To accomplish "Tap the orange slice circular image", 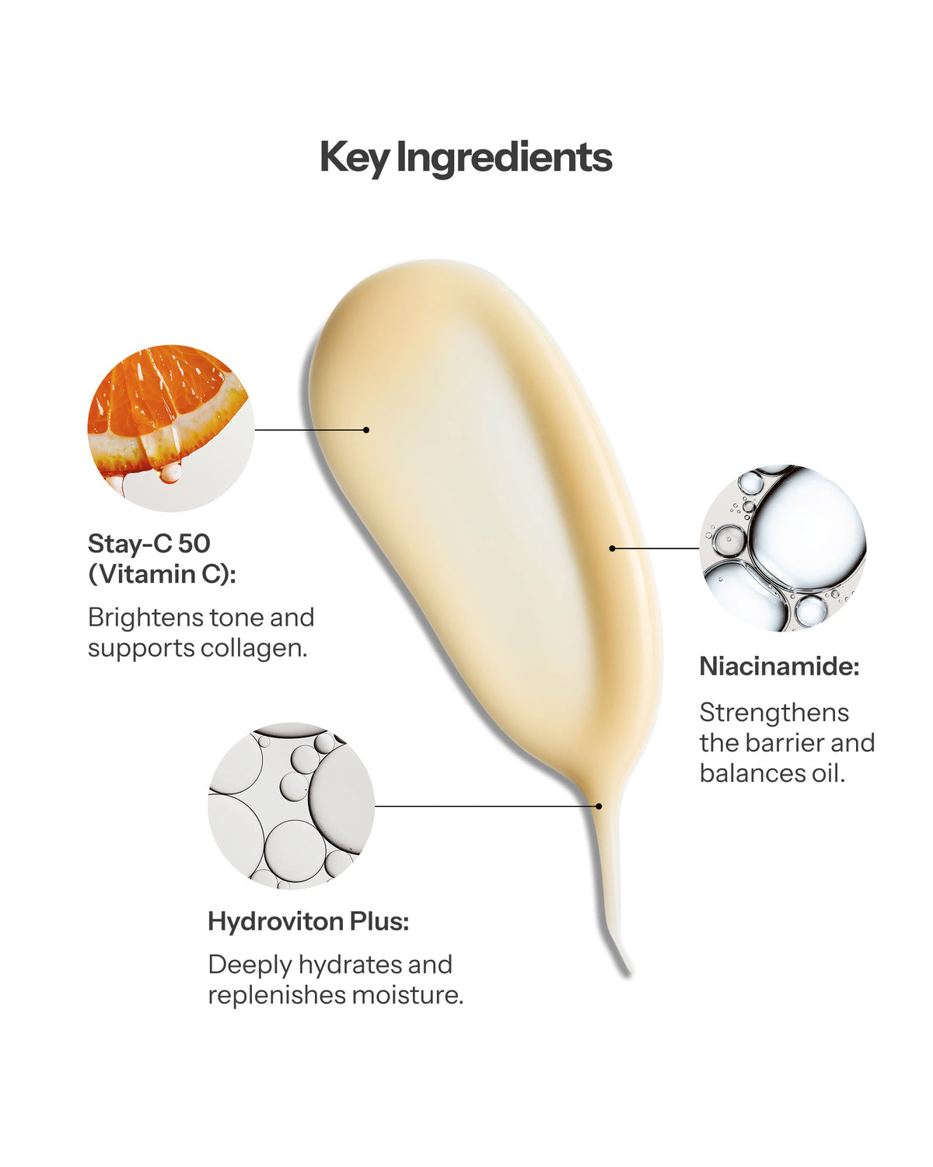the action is pos(170,428).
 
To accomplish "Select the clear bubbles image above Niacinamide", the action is pos(782,548).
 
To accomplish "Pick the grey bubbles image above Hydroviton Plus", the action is pos(291,805).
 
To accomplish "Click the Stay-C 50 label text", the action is pos(149,543).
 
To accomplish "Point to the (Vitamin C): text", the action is pos(162,574).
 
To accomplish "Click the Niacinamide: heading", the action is pos(780,666).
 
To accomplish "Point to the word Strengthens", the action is pos(774,713).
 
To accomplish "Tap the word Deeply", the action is pos(250,965).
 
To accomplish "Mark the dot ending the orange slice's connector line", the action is pos(366,430).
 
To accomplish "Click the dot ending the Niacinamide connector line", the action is pos(612,548).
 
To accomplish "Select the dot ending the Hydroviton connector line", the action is pos(599,806).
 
